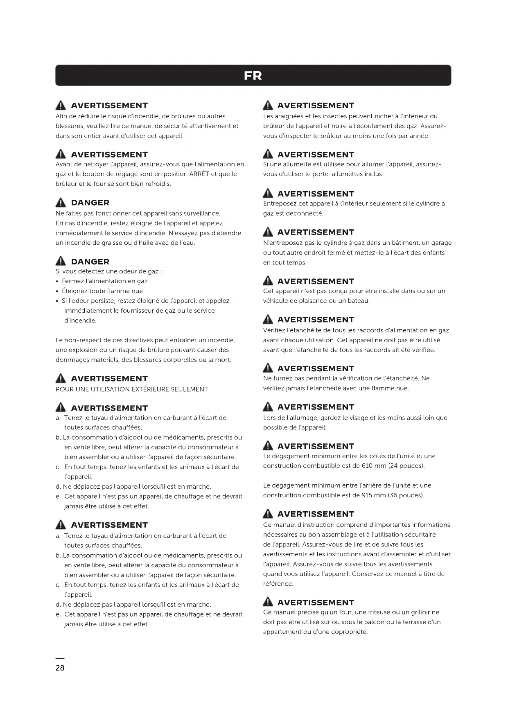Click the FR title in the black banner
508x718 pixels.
(253, 76)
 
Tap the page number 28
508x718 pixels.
(60, 668)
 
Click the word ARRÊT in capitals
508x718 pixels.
(199, 174)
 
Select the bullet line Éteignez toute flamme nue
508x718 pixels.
(102, 291)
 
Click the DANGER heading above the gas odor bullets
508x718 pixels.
(90, 262)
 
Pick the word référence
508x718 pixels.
(278, 584)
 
